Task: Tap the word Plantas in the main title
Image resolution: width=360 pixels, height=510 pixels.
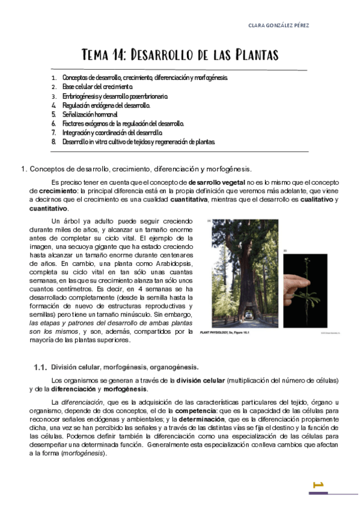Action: tap(255, 56)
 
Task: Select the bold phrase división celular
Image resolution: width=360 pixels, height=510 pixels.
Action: tap(201, 380)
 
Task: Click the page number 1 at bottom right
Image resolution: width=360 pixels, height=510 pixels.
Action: tap(319, 485)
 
